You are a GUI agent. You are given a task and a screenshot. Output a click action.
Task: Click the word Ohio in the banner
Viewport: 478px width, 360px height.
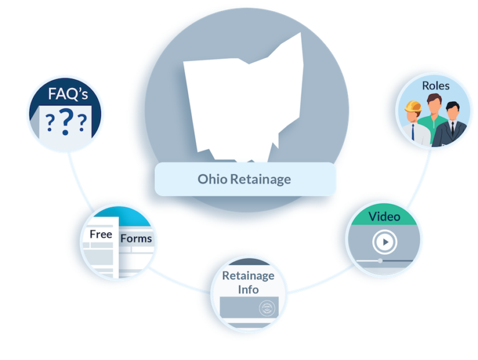point(212,179)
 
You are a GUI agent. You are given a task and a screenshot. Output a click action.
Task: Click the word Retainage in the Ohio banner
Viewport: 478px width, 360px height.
point(260,180)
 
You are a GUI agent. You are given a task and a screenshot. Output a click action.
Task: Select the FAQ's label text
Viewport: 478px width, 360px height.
point(68,93)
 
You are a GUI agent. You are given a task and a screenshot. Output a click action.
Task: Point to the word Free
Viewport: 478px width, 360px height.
point(101,234)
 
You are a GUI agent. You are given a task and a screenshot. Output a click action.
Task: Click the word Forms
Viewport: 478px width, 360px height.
point(136,239)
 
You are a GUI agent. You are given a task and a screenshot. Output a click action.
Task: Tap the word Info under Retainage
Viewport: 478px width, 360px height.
point(248,290)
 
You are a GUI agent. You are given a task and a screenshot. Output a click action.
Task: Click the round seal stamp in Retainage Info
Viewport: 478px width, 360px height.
point(267,308)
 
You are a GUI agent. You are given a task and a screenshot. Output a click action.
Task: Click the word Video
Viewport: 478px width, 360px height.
point(384,217)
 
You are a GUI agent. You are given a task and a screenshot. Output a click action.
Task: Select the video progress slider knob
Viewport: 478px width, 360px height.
point(380,260)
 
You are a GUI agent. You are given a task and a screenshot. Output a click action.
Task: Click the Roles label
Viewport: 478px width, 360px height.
point(436,86)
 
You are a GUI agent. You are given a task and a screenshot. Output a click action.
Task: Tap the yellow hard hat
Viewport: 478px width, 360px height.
point(413,107)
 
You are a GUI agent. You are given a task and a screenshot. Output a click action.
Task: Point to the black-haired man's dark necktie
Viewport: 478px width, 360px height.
point(452,128)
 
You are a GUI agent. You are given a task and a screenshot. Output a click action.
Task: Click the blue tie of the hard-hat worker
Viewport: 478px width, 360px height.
point(413,132)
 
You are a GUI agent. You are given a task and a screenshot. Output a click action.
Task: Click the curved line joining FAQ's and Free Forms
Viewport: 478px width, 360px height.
point(78,184)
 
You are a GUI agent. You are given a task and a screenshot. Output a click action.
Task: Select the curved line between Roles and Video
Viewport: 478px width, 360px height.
point(421,180)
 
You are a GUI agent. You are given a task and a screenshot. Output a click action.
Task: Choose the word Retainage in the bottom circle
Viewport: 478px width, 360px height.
point(248,276)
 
